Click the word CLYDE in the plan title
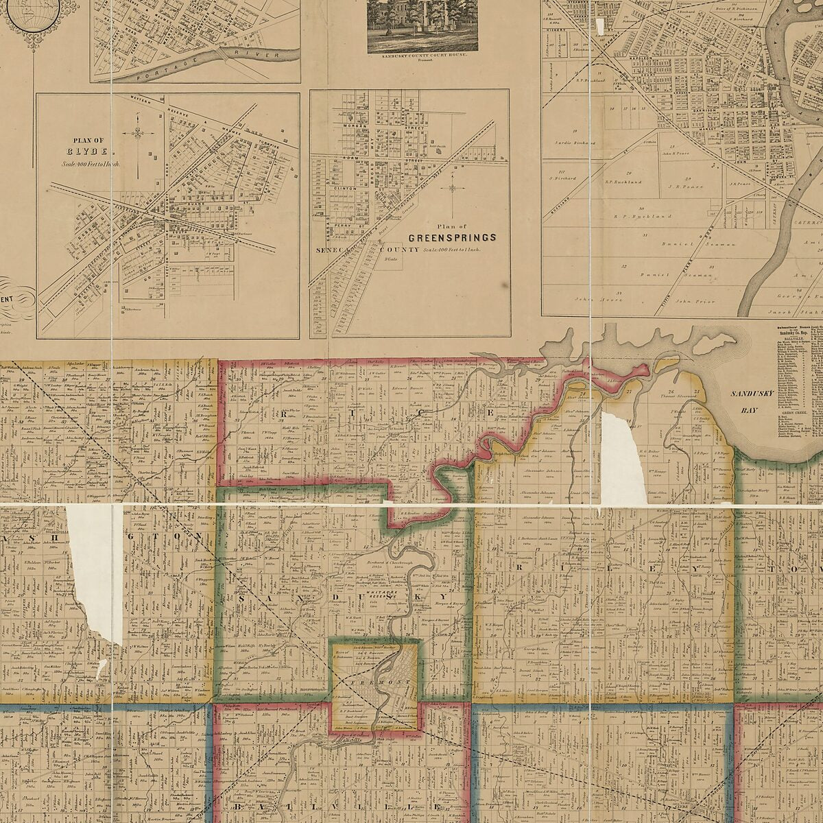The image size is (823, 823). coord(86,152)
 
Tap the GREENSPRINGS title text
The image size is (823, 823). coord(452,237)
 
